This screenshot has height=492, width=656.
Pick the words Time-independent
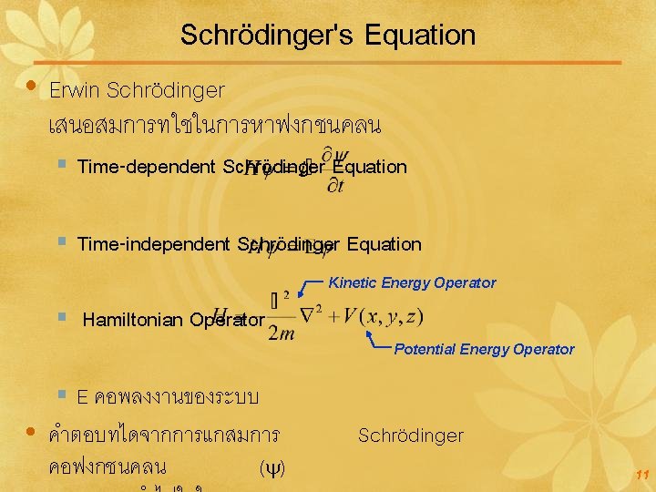click(x=153, y=244)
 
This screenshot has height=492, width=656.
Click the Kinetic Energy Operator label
click(x=412, y=282)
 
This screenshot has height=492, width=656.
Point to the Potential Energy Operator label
click(x=484, y=349)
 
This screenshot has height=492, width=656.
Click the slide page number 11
click(x=642, y=475)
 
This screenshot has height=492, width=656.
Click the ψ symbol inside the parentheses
click(x=272, y=468)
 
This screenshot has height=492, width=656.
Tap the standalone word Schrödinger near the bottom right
click(x=410, y=436)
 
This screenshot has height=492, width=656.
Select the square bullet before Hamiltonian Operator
click(x=61, y=319)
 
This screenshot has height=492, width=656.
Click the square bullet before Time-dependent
click(x=61, y=166)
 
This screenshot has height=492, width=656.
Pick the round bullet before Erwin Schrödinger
click(x=32, y=88)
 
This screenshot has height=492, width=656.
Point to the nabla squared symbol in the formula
click(x=314, y=316)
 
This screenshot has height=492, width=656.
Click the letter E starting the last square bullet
click(x=82, y=397)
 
